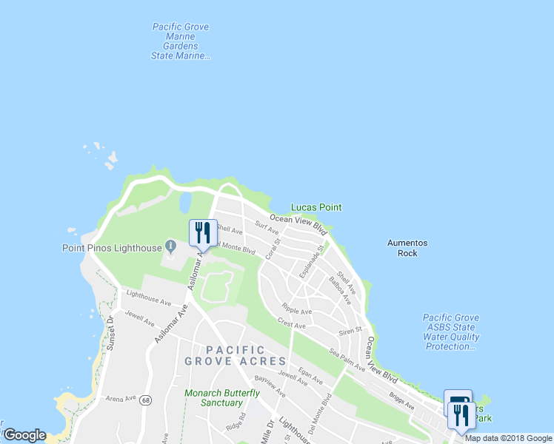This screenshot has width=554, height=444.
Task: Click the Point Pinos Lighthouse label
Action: (x=112, y=247)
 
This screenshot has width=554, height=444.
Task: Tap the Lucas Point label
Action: (x=316, y=208)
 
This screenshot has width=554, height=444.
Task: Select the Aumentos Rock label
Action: (x=407, y=248)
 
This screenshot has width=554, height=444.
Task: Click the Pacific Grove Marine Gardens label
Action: (x=181, y=41)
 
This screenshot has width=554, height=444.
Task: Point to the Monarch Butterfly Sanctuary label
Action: (x=213, y=398)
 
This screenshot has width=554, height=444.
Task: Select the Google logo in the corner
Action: (x=24, y=435)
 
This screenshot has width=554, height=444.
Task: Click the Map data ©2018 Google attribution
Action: (x=508, y=438)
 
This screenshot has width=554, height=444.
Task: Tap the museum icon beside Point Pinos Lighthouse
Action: (x=170, y=246)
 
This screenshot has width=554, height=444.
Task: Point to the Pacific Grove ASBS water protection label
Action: (x=451, y=332)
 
